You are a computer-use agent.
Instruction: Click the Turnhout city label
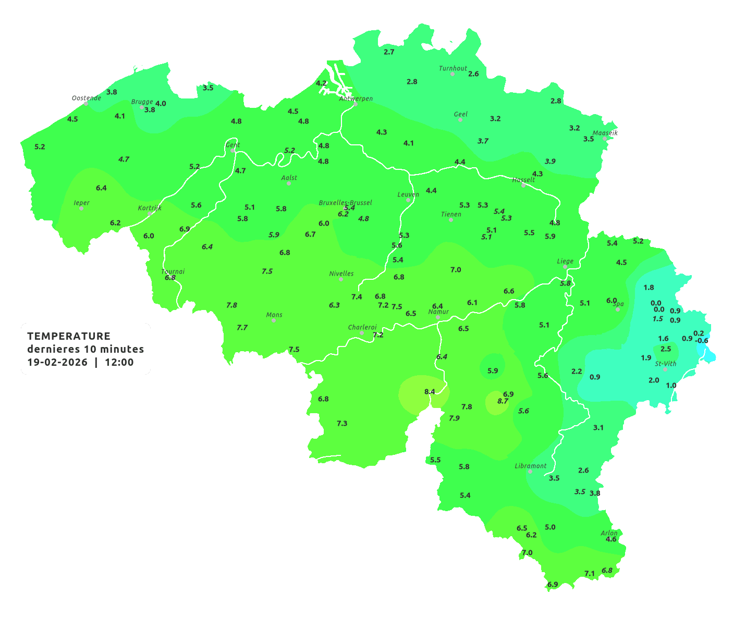coord(453,68)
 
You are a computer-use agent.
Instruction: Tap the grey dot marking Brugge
coord(142,107)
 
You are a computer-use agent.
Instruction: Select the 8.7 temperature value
coord(503,401)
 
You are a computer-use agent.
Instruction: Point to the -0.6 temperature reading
coord(702,341)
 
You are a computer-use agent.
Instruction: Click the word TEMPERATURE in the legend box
coord(69,336)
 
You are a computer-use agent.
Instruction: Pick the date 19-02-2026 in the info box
coord(57,363)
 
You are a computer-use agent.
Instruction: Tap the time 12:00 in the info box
coord(119,363)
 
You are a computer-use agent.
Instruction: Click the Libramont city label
coord(530,466)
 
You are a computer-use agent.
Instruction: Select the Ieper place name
coord(81,203)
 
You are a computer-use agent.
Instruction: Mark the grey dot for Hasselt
coord(523,185)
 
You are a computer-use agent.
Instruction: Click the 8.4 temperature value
coord(430,391)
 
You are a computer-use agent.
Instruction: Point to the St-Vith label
coord(665,364)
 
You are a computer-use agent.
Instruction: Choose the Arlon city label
coord(608,533)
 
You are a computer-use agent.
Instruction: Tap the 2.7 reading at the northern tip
coord(389,52)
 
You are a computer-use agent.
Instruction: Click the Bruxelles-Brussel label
coord(345,202)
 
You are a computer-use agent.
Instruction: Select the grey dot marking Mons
coord(274,320)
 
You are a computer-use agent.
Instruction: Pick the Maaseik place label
coord(605,133)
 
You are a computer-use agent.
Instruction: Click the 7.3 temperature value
coord(342,424)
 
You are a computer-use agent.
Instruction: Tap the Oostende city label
coord(86,98)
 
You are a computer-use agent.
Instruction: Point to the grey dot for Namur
coord(438,317)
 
